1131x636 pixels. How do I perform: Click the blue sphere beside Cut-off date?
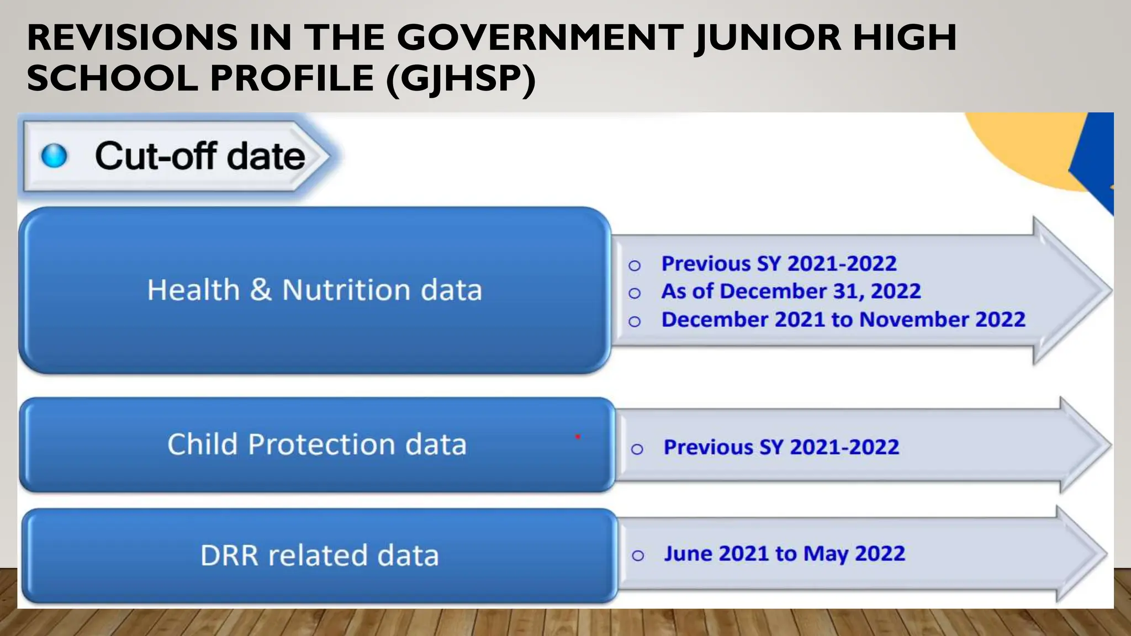point(54,156)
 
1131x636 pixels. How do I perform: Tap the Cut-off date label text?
point(200,156)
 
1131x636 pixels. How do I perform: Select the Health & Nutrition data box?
point(315,290)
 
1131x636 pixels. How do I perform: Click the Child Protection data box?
point(317,444)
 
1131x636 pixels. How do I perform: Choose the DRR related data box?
point(319,555)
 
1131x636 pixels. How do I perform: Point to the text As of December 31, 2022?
point(791,291)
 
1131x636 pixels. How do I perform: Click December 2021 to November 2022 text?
point(843,320)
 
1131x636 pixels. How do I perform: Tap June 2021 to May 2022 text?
point(784,553)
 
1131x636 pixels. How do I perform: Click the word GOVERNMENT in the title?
point(540,38)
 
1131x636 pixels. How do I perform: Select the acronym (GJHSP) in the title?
point(461,78)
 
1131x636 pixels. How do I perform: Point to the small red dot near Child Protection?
point(578,437)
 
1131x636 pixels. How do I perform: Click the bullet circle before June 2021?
point(638,555)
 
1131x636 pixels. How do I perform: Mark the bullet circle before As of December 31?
point(635,293)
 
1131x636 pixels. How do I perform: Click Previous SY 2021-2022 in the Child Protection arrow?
point(781,447)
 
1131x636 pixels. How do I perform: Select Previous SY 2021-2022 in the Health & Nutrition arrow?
point(779,263)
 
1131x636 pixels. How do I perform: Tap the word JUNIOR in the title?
point(768,38)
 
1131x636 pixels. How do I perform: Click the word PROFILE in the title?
point(293,78)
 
